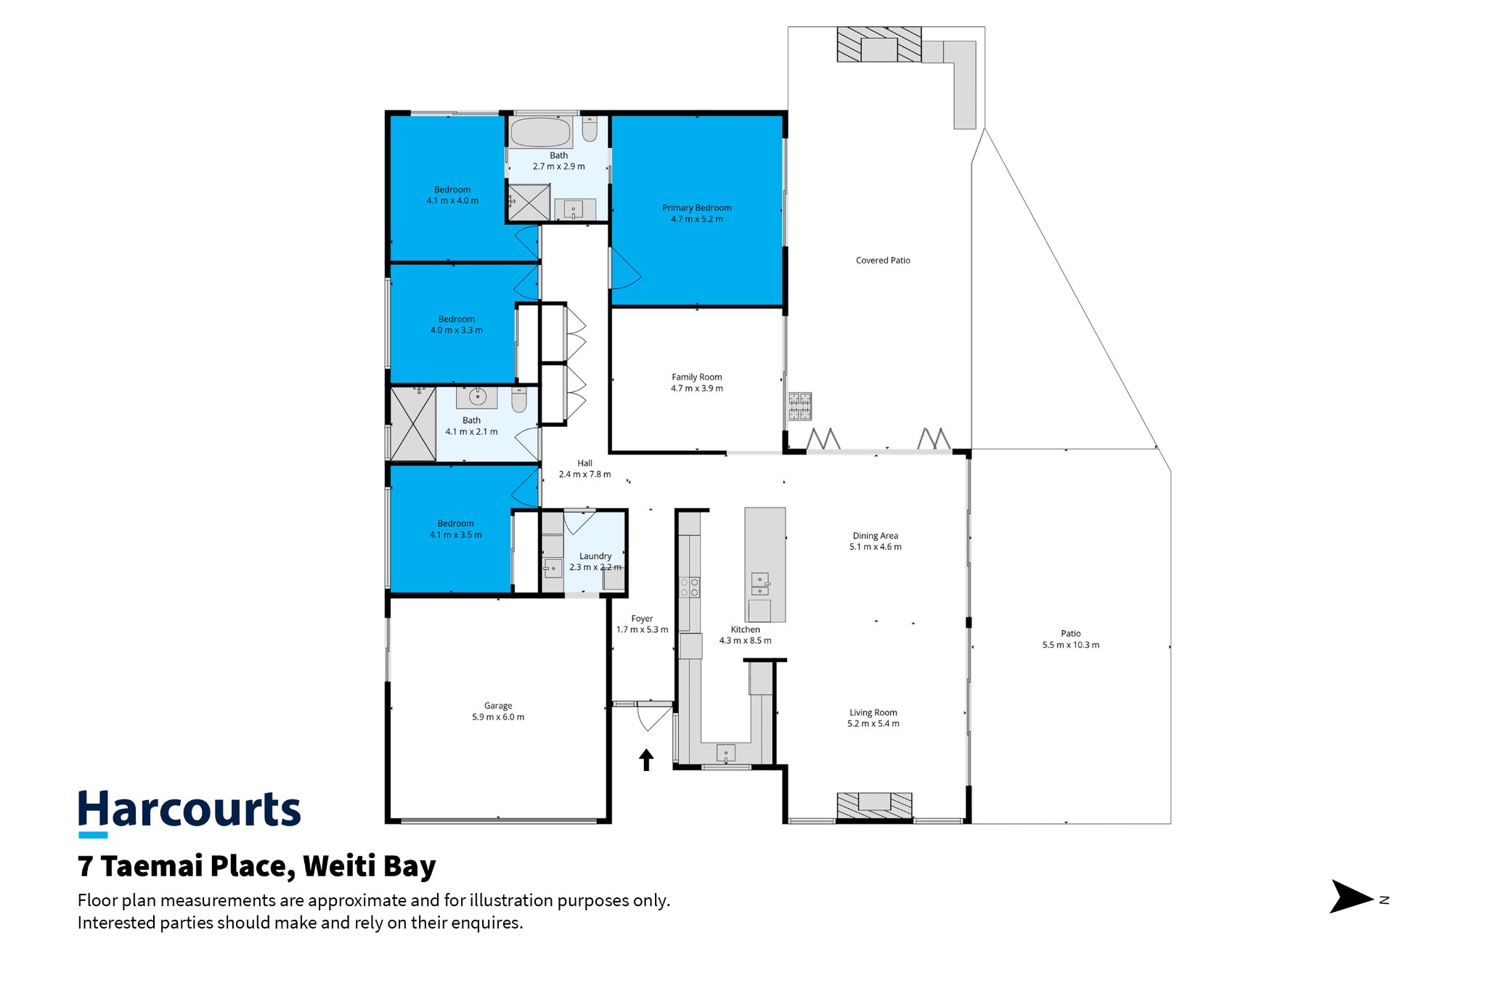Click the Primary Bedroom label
(696, 208)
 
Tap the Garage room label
(498, 706)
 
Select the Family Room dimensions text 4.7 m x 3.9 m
(697, 388)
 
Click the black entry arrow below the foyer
(646, 760)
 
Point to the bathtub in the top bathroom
(540, 133)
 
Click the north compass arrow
(1352, 897)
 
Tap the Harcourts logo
(189, 812)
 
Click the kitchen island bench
(765, 564)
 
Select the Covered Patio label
(883, 261)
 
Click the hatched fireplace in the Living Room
(874, 805)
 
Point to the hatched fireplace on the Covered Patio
(879, 44)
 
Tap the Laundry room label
(595, 556)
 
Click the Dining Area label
(876, 536)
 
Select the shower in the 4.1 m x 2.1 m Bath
(413, 424)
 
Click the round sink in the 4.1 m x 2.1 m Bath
(477, 396)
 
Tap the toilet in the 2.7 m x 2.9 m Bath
(590, 129)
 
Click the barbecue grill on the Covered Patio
(800, 407)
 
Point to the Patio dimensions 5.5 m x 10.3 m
(1071, 645)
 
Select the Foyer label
(642, 619)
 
